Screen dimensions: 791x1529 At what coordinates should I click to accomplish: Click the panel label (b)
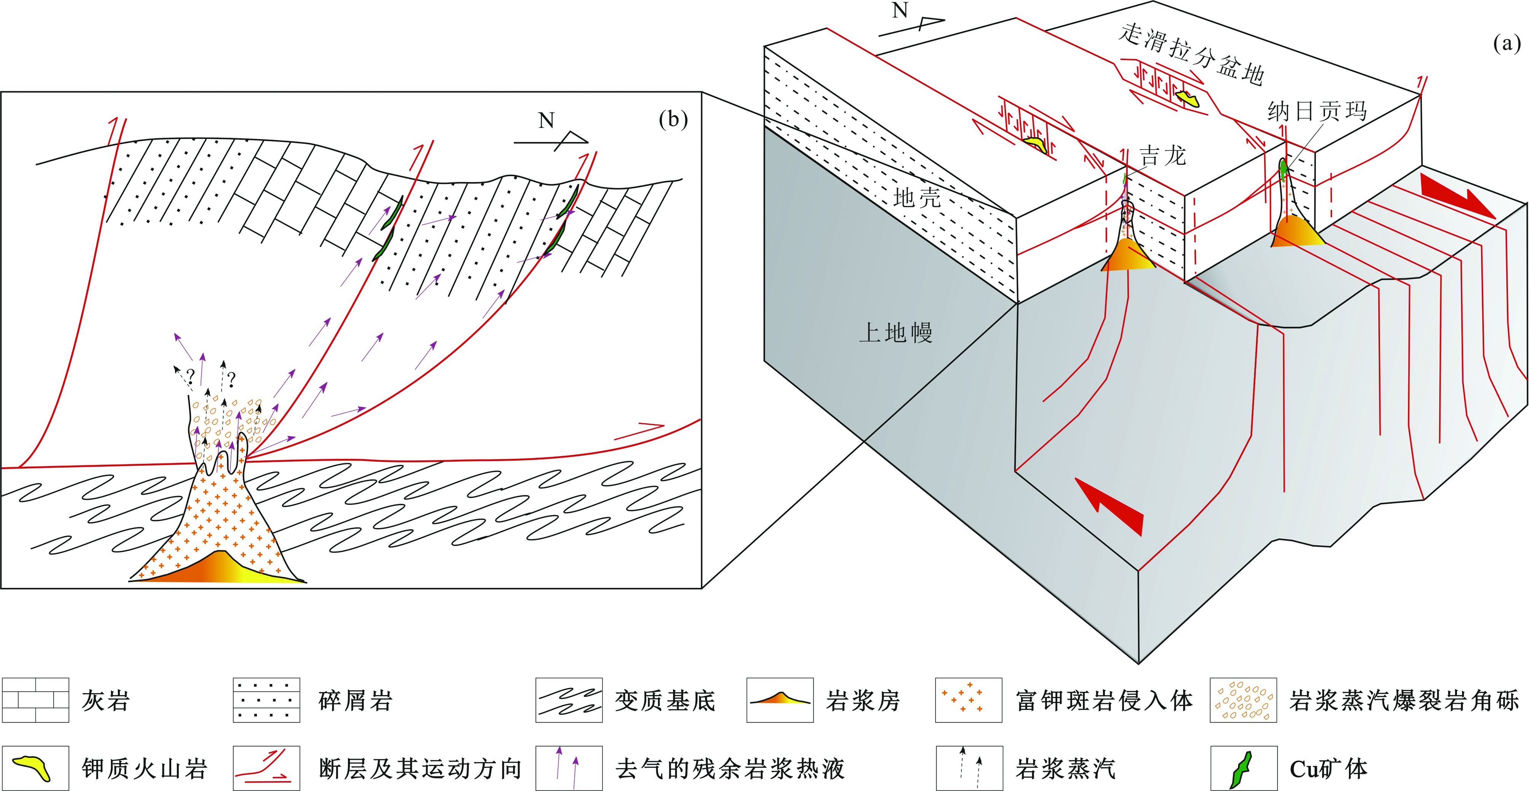click(673, 121)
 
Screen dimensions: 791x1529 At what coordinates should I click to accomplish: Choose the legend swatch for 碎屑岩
click(266, 700)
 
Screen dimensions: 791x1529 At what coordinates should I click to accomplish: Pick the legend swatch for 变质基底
click(569, 700)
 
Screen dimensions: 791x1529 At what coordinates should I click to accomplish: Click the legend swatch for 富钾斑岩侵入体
click(968, 700)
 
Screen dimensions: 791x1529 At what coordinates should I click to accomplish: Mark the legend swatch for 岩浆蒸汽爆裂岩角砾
click(1244, 700)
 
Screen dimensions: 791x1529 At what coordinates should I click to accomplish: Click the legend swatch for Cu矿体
click(1244, 769)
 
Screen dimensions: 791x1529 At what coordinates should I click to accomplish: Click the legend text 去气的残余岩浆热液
click(730, 769)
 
